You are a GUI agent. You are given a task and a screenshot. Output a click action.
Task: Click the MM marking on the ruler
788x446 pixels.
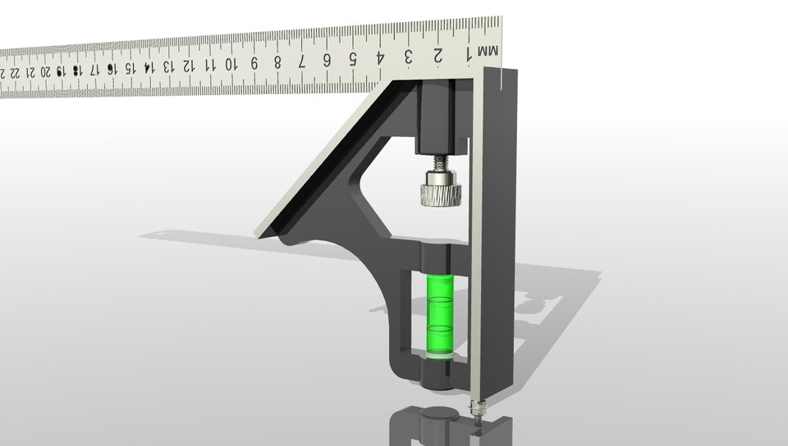tap(487, 52)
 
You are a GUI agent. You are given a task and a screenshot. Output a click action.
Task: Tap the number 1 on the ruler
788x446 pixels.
tap(469, 53)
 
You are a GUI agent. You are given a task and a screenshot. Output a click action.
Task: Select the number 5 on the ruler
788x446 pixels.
tap(353, 59)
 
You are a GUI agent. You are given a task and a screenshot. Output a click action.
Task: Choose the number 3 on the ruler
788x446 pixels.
tap(409, 57)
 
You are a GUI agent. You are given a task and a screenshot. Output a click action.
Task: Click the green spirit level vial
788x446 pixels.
tap(439, 316)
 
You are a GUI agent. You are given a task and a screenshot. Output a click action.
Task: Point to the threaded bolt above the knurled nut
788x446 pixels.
tap(440, 162)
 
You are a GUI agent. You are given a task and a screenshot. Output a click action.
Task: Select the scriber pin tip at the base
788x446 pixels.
tap(477, 409)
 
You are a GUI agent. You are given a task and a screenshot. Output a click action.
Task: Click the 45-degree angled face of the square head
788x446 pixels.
tap(320, 164)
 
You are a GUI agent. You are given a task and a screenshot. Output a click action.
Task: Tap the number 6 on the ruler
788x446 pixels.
tap(327, 60)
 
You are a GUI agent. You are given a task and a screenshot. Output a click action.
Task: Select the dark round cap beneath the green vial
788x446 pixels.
tap(436, 375)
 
